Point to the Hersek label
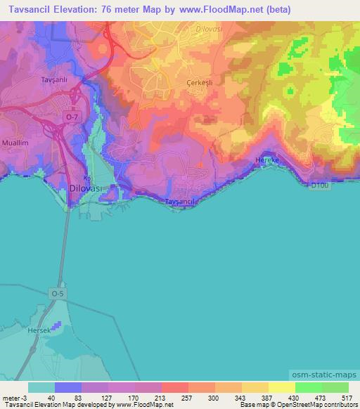(40, 330)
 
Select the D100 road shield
(319, 186)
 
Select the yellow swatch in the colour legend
(281, 387)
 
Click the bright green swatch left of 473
(308, 387)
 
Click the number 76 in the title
(116, 10)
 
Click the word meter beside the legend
(10, 397)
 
